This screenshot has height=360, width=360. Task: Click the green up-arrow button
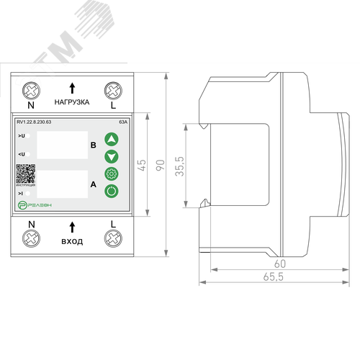tap(111, 139)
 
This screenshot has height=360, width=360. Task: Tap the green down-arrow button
tap(111, 156)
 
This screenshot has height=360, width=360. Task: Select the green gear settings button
tap(111, 174)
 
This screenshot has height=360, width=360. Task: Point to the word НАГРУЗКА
tap(72, 103)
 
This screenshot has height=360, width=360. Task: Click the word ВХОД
tap(72, 241)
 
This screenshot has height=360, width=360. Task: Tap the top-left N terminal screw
tap(32, 91)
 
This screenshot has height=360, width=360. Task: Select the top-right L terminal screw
tap(112, 91)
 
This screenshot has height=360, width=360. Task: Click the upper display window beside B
tap(61, 145)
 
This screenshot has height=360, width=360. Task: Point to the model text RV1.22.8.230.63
tap(39, 122)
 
